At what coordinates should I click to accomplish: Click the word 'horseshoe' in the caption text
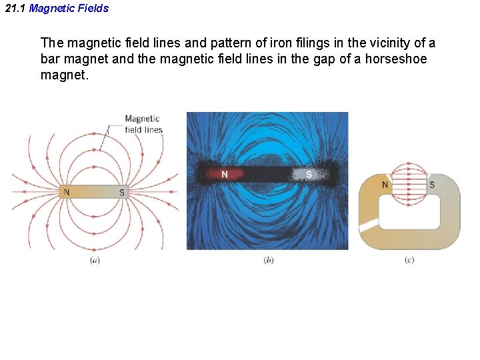396,59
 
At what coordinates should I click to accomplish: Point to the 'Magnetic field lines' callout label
143,124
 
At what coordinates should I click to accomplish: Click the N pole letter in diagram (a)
65,193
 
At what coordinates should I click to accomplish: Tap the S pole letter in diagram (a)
121,193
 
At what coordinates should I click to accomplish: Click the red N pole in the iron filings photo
225,175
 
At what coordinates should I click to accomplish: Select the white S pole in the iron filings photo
309,175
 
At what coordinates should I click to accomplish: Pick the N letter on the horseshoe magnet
385,185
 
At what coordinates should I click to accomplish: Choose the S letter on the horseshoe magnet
431,185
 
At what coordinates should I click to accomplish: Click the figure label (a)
95,260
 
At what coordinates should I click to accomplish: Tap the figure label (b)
268,260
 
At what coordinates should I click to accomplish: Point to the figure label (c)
409,260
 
